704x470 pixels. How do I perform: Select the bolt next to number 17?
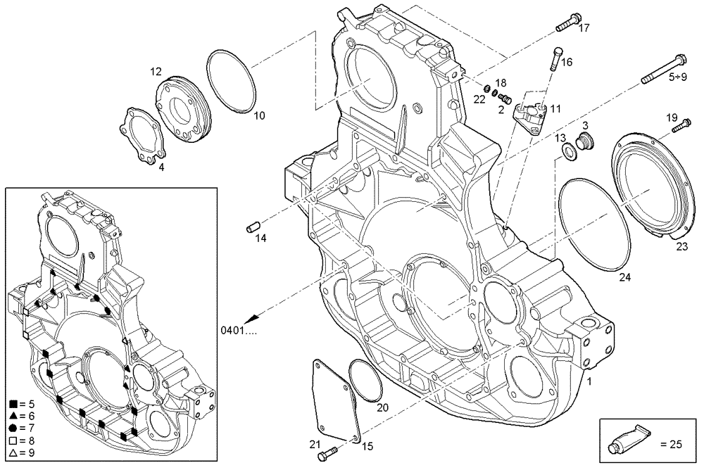(x=567, y=23)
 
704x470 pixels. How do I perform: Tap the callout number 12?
(x=156, y=71)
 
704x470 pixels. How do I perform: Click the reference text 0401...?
(x=238, y=330)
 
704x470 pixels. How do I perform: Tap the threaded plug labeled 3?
(x=583, y=143)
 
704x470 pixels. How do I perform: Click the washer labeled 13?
(x=567, y=151)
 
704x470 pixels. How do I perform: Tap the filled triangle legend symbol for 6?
(x=13, y=415)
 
